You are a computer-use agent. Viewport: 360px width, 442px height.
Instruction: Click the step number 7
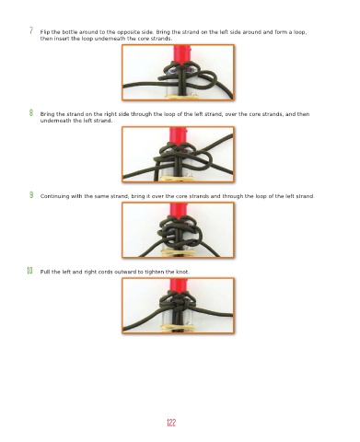pyautogui.click(x=31, y=30)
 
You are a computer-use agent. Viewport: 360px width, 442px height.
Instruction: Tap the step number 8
pyautogui.click(x=31, y=112)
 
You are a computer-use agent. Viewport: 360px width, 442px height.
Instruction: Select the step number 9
pyautogui.click(x=31, y=194)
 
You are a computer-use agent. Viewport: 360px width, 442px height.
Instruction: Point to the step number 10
pyautogui.click(x=29, y=271)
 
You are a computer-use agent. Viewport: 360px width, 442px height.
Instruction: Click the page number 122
pyautogui.click(x=171, y=423)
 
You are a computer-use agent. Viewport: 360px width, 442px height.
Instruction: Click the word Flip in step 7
pyautogui.click(x=45, y=32)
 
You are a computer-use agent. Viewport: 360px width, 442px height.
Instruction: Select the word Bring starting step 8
pyautogui.click(x=47, y=114)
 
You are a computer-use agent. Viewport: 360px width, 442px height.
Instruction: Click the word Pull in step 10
pyautogui.click(x=45, y=272)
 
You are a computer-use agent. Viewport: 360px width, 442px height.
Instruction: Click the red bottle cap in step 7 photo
pyautogui.click(x=181, y=54)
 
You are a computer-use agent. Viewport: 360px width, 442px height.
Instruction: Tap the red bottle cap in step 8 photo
pyautogui.click(x=178, y=136)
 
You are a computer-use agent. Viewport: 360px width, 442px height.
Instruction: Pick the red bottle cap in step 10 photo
pyautogui.click(x=178, y=286)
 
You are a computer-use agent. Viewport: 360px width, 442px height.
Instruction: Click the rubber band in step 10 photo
pyautogui.click(x=178, y=328)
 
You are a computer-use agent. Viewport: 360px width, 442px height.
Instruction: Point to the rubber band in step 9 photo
pyautogui.click(x=178, y=252)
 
